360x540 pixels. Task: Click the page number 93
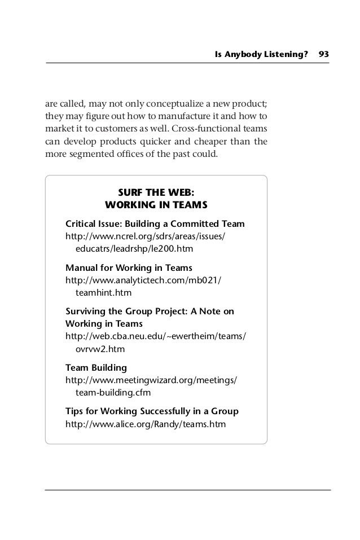pyautogui.click(x=324, y=54)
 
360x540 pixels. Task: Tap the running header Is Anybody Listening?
pyautogui.click(x=262, y=54)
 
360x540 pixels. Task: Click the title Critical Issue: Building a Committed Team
pyautogui.click(x=155, y=223)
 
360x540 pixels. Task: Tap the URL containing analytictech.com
pyautogui.click(x=144, y=280)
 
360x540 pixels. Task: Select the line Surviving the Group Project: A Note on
pyautogui.click(x=150, y=311)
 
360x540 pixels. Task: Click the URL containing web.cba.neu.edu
pyautogui.click(x=156, y=337)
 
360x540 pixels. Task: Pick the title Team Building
pyautogui.click(x=96, y=368)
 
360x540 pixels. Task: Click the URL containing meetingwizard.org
pyautogui.click(x=152, y=380)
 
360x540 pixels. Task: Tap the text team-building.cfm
pyautogui.click(x=113, y=393)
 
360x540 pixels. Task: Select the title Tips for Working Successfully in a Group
pyautogui.click(x=152, y=411)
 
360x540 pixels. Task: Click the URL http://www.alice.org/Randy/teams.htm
pyautogui.click(x=146, y=424)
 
